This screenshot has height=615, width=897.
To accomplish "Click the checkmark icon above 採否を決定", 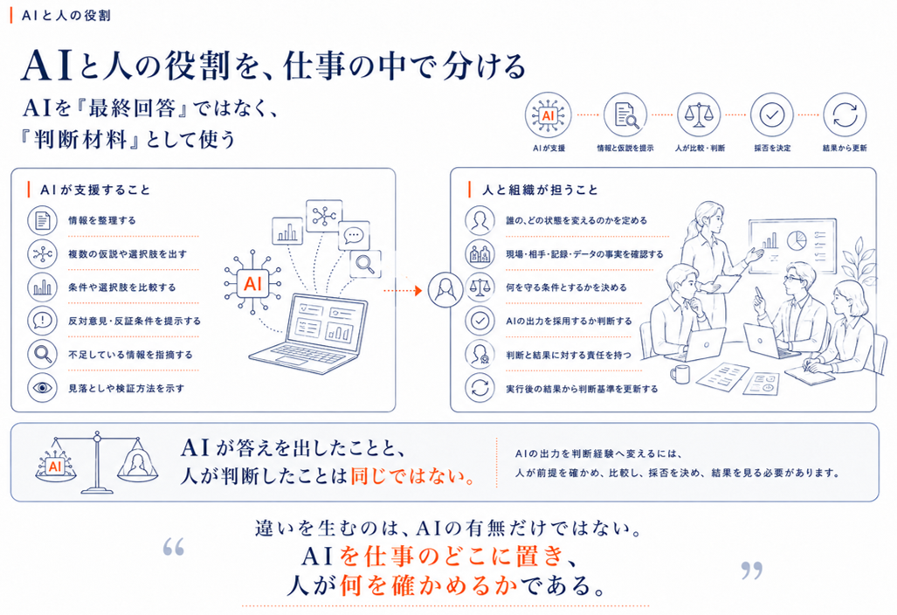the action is [x=772, y=115].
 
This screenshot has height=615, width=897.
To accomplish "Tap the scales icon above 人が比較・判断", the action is [x=699, y=115].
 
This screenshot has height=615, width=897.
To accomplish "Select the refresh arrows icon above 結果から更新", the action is [x=845, y=115].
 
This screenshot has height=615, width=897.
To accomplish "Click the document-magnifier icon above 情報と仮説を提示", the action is [x=625, y=115].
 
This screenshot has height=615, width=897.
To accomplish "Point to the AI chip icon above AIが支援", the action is [x=548, y=115].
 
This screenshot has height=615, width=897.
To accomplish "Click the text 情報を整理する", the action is [x=102, y=220].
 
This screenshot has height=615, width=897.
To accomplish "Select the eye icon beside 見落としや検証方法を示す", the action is [x=42, y=388].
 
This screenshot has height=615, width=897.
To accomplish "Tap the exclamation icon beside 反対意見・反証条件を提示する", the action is [x=42, y=321].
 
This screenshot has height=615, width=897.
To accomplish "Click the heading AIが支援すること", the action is [x=95, y=190].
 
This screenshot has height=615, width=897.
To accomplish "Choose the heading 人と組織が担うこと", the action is [x=540, y=190].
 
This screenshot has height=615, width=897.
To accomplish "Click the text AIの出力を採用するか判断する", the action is [x=569, y=321].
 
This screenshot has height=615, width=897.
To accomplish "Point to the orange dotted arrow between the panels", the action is [x=403, y=291].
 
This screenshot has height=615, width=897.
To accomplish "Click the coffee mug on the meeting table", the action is [x=680, y=376].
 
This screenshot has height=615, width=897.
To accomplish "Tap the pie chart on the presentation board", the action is [x=796, y=240].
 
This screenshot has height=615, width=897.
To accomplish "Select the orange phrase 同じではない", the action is [x=412, y=475].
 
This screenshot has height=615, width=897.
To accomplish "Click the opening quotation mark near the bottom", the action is [x=173, y=547].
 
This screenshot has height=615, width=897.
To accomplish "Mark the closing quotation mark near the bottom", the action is [x=752, y=570].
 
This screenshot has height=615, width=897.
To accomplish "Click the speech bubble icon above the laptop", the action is [x=354, y=235].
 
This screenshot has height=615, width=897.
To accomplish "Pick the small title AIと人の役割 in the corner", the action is [x=66, y=16].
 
